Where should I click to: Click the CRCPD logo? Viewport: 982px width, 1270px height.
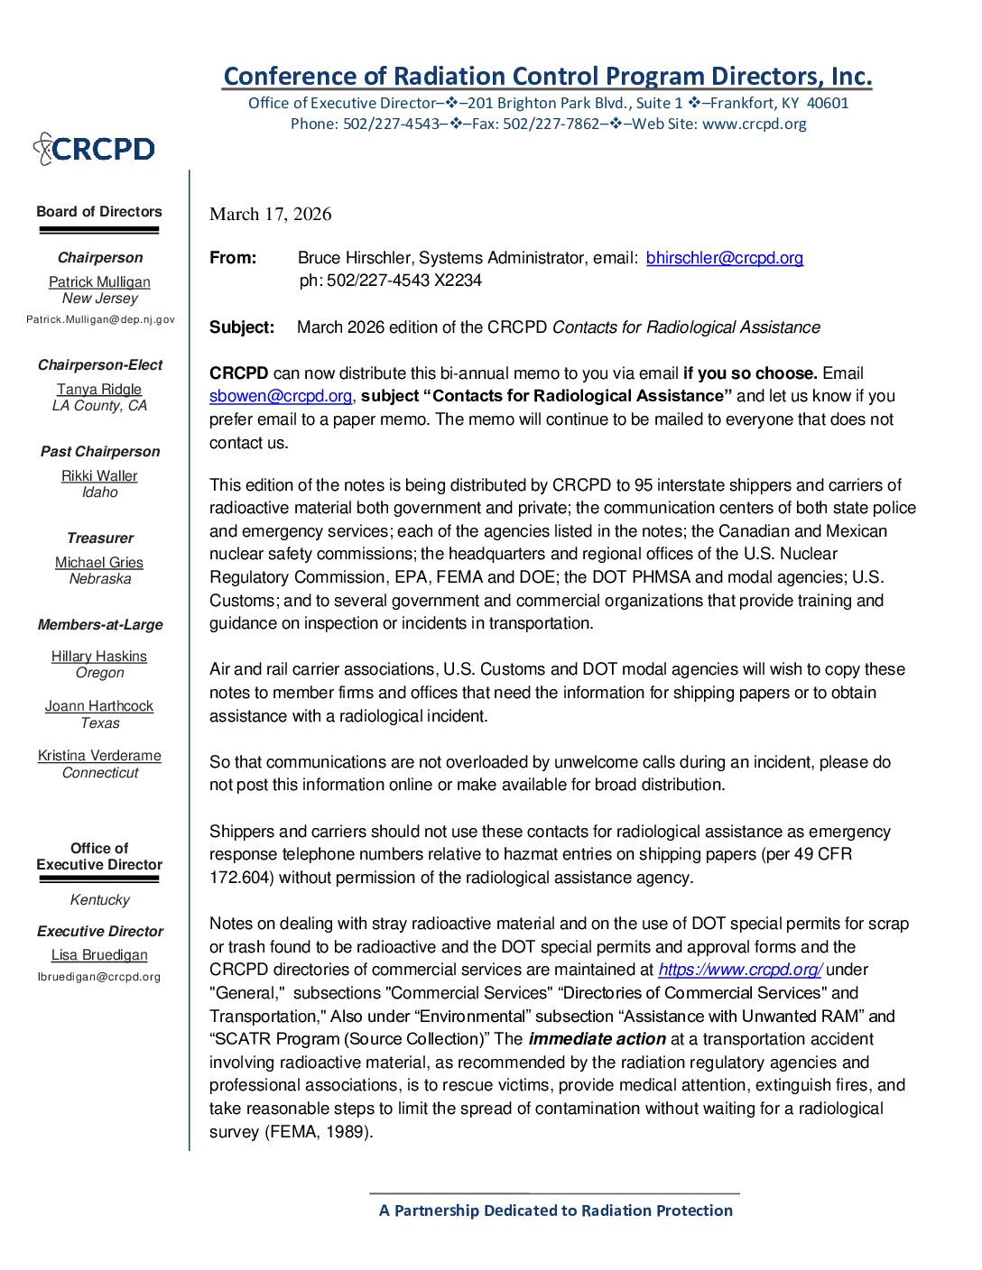click(94, 149)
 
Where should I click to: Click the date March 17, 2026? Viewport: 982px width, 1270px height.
click(271, 214)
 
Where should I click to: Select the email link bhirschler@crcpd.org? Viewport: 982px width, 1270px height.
click(724, 258)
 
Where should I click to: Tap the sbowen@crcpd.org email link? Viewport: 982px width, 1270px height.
click(281, 396)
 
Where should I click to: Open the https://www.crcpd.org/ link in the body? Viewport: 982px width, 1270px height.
click(739, 970)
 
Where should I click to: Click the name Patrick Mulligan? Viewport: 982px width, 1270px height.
click(99, 282)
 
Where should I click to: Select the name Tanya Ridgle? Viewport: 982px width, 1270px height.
click(99, 390)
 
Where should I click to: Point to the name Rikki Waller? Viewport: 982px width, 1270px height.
click(99, 476)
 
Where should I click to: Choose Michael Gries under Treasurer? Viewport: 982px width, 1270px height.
click(99, 563)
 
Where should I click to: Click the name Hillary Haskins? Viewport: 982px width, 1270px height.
click(99, 657)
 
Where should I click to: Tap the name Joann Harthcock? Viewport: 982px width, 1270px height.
click(99, 706)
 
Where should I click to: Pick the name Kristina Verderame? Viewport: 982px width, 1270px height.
click(99, 756)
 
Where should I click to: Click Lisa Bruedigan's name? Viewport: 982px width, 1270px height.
click(99, 955)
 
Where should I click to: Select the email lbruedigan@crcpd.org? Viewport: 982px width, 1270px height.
click(99, 977)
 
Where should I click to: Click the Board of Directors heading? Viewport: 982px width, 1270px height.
click(99, 212)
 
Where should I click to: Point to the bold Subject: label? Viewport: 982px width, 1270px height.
click(242, 327)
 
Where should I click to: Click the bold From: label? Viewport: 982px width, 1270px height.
click(233, 258)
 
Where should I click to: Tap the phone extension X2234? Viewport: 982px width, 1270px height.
click(458, 281)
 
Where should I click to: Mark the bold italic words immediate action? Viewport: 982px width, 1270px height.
click(597, 1039)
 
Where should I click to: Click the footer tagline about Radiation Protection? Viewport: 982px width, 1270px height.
click(555, 1210)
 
